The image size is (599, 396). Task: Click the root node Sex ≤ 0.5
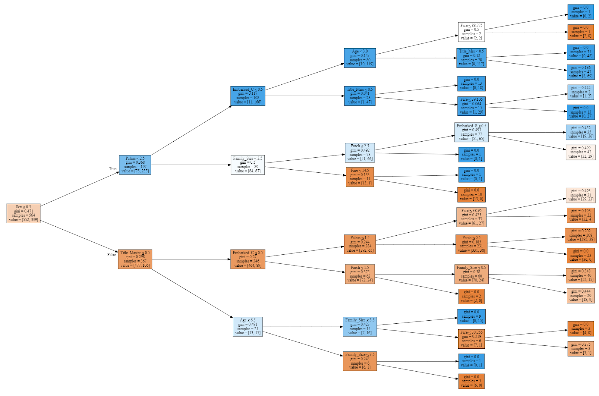23,213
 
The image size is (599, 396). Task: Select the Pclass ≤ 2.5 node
135,165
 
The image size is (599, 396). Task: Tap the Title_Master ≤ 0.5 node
135,259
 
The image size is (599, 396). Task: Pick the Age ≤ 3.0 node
360,58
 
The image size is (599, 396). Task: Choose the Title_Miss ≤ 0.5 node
360,96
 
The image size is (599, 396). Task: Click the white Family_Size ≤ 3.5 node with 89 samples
247,165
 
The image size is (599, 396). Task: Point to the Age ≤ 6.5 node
247,327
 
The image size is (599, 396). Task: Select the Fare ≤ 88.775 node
471,32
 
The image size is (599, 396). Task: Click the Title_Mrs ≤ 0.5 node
471,58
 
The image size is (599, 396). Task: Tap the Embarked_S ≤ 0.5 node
471,132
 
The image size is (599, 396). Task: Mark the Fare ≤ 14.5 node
360,177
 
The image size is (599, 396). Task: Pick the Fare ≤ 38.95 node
471,217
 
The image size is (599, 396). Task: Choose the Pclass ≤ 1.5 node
360,244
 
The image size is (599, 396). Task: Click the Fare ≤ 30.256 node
471,339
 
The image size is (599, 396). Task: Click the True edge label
113,169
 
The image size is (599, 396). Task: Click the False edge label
112,255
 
